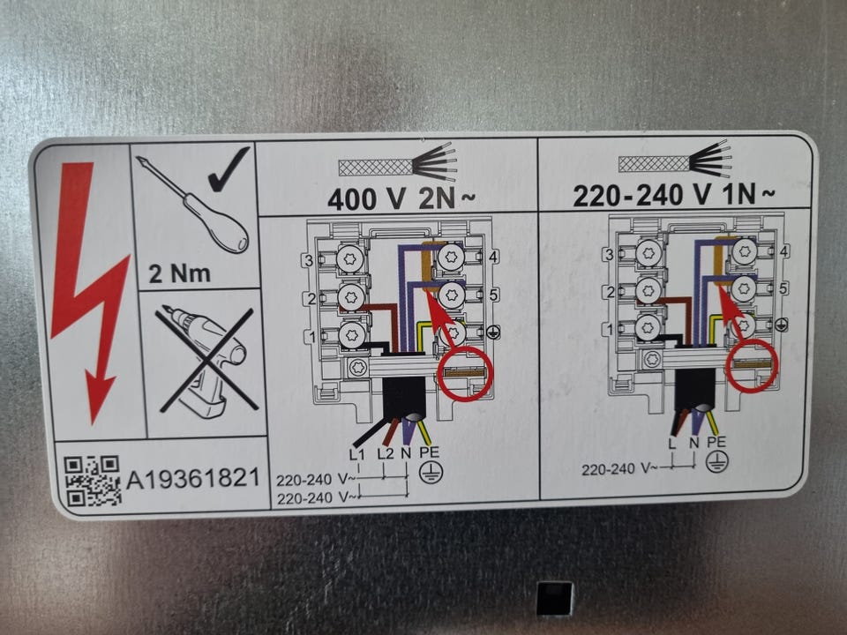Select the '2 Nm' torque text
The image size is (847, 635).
[x=180, y=273]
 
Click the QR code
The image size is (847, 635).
[x=92, y=481]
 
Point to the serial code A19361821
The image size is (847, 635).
[x=193, y=478]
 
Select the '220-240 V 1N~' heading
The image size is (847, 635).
[x=673, y=195]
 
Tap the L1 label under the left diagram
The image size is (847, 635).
[x=357, y=454]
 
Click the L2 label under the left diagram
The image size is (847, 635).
[x=386, y=453]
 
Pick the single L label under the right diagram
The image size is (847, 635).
[x=672, y=444]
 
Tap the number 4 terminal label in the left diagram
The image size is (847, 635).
[x=492, y=257]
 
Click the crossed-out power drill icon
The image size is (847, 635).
[x=206, y=360]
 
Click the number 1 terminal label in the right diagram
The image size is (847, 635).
[x=610, y=329]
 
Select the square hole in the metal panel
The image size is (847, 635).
[x=555, y=598]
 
